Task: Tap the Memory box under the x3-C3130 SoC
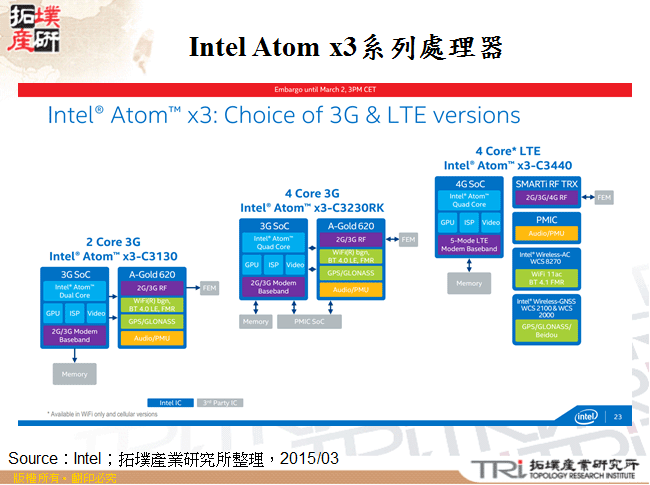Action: coord(74,373)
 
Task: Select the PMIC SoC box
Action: coord(308,321)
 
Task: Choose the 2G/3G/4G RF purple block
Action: coord(545,198)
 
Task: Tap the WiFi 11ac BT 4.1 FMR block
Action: coord(545,274)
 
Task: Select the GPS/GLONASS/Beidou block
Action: coord(545,331)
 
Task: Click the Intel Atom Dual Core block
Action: coord(74,291)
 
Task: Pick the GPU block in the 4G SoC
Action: coord(447,222)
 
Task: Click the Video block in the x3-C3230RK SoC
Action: coord(295,265)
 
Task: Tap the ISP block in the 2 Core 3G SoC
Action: coord(74,313)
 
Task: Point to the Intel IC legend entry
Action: coord(170,402)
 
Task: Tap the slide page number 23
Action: coord(617,416)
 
